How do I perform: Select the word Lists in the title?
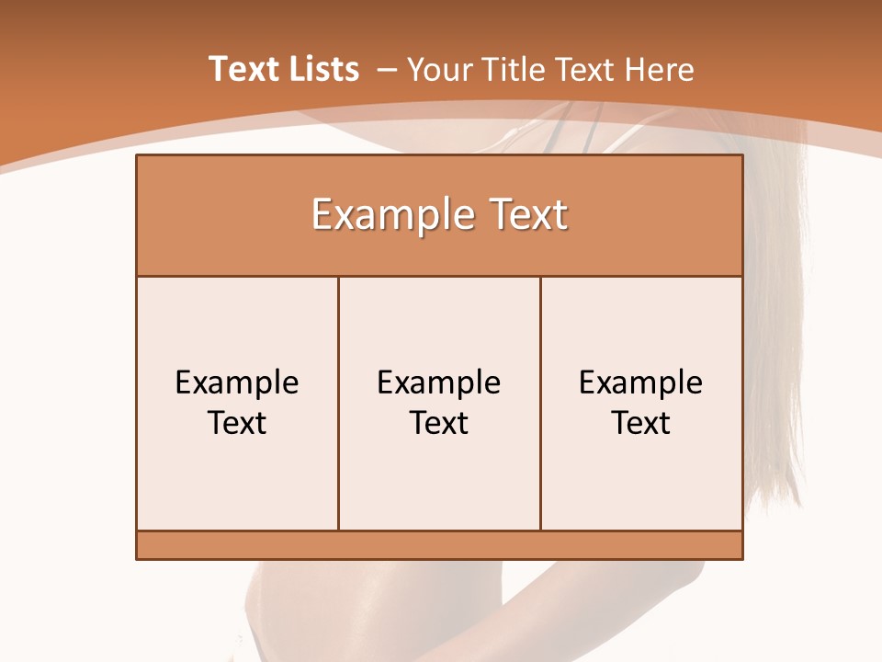coord(322,69)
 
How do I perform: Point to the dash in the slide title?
coord(387,70)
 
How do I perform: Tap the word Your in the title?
coord(438,69)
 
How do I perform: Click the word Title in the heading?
coord(514,69)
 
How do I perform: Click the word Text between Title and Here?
coord(585,69)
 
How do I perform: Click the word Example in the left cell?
coord(237,382)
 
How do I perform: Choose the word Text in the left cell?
coord(237,423)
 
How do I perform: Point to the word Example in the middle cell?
coord(439,382)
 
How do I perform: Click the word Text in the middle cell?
coord(439,423)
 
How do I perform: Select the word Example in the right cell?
coord(641,382)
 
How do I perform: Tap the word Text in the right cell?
coord(641,423)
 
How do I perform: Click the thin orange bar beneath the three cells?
coord(439,544)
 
